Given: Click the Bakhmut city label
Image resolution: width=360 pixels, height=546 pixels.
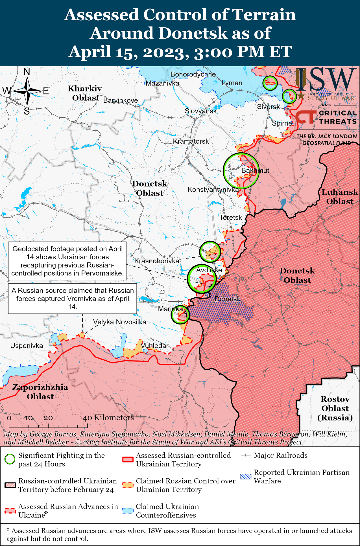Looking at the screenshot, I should (x=255, y=170).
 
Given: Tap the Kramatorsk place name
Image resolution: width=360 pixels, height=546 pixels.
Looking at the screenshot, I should (x=191, y=141).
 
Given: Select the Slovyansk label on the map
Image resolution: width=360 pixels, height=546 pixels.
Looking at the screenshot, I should (x=200, y=111).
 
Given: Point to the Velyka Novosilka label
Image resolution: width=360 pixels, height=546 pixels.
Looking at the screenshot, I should (x=119, y=322).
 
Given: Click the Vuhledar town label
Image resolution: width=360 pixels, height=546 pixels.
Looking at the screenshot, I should (x=154, y=346).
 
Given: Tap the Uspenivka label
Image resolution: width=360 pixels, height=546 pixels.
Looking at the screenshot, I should (x=27, y=346).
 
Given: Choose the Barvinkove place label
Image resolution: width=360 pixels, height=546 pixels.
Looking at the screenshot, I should (x=121, y=100).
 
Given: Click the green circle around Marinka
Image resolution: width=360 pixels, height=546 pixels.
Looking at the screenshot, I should (x=180, y=315).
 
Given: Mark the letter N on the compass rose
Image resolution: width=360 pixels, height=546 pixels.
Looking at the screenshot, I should (x=27, y=72).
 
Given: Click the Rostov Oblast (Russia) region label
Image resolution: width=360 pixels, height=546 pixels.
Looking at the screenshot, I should (x=335, y=408).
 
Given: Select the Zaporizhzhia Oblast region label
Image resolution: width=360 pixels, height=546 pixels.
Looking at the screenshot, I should (x=40, y=392).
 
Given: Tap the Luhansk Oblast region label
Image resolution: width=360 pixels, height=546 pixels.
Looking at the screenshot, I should (x=340, y=197).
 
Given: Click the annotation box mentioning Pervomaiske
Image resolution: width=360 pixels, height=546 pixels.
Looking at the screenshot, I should (x=67, y=261).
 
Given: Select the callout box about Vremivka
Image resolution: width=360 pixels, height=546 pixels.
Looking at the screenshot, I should (x=73, y=299).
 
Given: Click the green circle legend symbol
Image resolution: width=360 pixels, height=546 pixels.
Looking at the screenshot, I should (x=10, y=459).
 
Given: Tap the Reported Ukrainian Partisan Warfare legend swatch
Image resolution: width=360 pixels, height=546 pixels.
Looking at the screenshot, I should (x=245, y=477).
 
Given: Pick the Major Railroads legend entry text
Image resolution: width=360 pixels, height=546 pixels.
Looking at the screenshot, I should (x=280, y=455).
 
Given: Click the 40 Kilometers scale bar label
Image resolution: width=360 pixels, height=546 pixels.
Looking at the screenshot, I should (x=108, y=417).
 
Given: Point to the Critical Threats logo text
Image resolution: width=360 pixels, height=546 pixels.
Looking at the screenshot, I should (x=338, y=117).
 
